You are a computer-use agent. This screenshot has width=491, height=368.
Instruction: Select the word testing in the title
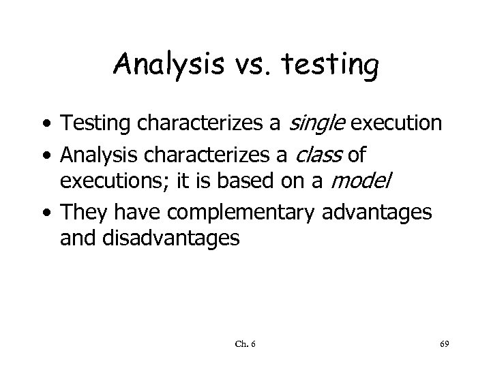[x=327, y=66]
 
